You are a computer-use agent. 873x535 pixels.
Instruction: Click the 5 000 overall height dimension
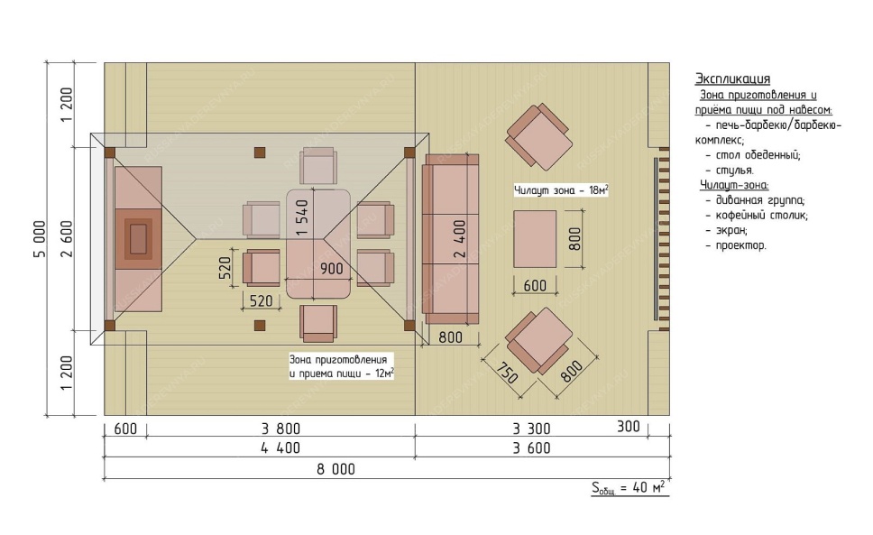pos(40,239)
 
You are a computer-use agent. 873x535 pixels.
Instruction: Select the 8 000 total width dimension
pos(335,469)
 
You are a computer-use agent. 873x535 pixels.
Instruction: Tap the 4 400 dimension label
pos(280,448)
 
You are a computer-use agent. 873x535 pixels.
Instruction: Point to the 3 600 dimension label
pos(532,448)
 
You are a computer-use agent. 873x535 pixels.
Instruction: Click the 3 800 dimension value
pos(280,429)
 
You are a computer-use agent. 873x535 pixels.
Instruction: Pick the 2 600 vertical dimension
pos(67,239)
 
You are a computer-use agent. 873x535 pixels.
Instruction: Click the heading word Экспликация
pos(732,78)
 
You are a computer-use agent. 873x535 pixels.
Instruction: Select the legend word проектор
pos(740,245)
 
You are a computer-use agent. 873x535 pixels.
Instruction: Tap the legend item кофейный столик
pos(762,215)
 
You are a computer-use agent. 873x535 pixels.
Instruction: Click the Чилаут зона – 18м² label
pos(561,190)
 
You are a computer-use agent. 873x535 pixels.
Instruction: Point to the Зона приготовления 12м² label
pos(341,366)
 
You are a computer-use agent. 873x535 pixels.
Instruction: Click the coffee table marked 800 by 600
pos(535,239)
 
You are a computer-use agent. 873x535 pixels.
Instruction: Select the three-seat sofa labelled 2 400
pos(450,239)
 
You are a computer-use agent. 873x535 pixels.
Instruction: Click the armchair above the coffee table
pos(538,136)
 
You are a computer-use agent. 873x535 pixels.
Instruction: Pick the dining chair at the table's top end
pos(318,165)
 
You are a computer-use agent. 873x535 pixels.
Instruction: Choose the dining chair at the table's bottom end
pos(318,323)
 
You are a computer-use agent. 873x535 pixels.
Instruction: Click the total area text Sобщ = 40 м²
pos(629,488)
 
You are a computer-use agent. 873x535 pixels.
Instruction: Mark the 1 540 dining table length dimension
pos(302,217)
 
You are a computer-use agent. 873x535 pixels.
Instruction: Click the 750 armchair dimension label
pos(507,373)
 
